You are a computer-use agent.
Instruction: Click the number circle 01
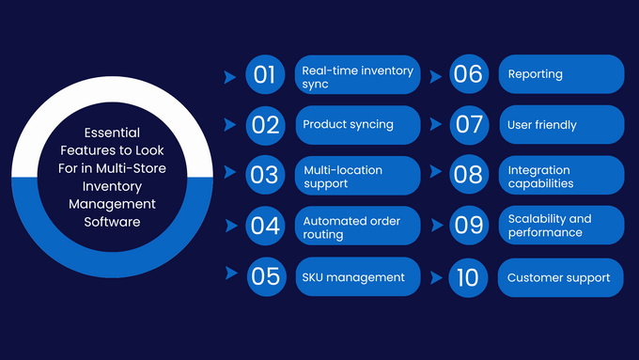[x=266, y=74]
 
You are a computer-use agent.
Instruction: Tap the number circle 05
[x=266, y=276]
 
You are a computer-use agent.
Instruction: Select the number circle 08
[x=468, y=175]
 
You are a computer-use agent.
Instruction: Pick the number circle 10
[x=468, y=277]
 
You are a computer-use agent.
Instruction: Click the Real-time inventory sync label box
[x=357, y=75]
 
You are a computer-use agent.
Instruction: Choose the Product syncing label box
[x=357, y=124]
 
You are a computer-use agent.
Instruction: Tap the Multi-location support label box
[x=357, y=176]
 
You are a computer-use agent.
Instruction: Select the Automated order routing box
[x=357, y=227]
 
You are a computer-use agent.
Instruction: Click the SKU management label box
[x=357, y=276]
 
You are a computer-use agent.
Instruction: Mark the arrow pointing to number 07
[x=436, y=124]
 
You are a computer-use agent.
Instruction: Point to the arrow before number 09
[x=436, y=226]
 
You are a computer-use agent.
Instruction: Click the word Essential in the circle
[x=113, y=132]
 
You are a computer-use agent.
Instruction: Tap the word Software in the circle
[x=111, y=222]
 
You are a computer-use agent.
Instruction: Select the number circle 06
[x=468, y=74]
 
